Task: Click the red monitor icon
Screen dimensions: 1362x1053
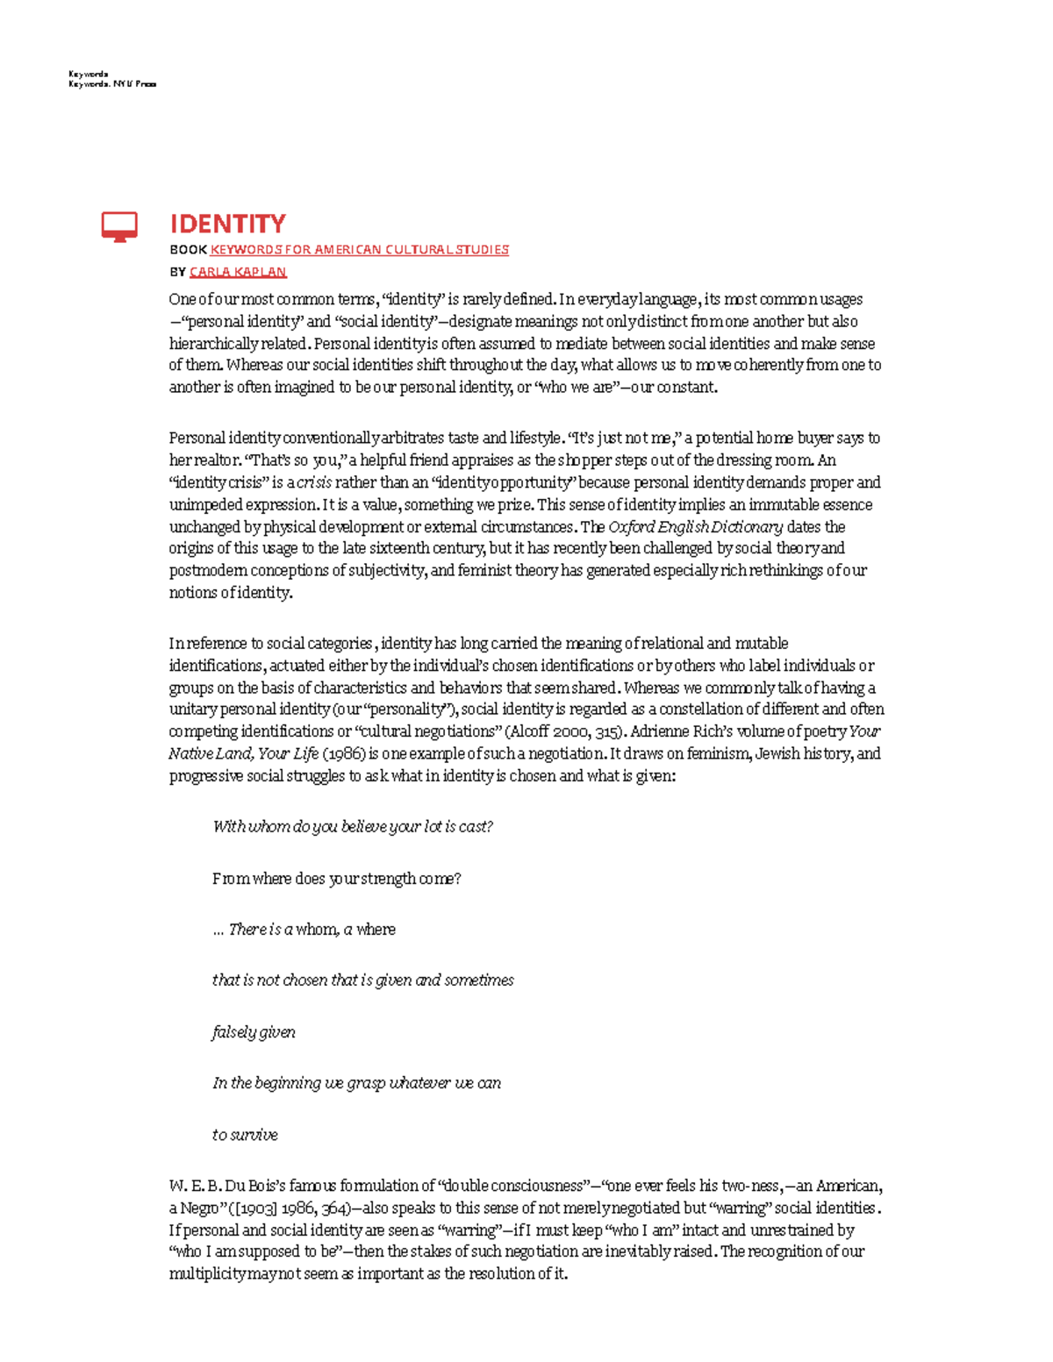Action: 119,226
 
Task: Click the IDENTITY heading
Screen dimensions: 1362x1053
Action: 227,224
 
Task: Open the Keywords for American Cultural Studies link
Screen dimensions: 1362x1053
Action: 359,250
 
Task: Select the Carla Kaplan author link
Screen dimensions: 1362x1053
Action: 238,272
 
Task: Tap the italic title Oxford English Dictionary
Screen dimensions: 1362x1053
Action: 695,527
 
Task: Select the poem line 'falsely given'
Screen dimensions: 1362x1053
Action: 254,1032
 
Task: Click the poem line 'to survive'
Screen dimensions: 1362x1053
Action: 245,1135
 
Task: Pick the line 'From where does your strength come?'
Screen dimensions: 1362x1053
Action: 336,879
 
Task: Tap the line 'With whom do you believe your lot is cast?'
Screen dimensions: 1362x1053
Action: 353,827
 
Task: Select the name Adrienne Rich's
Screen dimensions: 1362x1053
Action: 685,731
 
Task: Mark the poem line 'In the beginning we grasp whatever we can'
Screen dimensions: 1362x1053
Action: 356,1083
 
